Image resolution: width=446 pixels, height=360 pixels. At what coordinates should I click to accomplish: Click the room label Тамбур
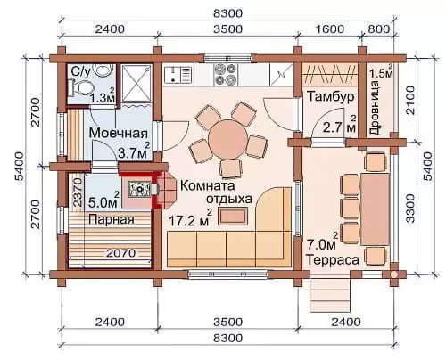[x=330, y=97]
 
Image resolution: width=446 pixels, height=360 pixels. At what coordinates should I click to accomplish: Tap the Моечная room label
[x=119, y=133]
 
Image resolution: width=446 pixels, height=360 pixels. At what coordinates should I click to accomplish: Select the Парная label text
[x=111, y=219]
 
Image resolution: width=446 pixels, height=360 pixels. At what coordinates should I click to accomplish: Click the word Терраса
[x=333, y=260]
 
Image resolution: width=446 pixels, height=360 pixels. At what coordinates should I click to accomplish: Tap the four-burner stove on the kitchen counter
[x=225, y=75]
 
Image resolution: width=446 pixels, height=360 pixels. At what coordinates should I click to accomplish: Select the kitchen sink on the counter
[x=178, y=74]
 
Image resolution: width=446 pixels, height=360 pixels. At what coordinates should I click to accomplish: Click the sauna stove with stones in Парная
[x=138, y=189]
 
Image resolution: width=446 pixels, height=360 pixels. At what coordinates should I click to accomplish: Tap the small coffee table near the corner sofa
[x=233, y=217]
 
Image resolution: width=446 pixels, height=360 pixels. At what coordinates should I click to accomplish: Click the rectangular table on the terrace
[x=376, y=209]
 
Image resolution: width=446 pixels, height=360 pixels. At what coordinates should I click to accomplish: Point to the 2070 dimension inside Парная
[x=121, y=253]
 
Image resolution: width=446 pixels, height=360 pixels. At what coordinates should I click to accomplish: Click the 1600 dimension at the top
[x=329, y=29]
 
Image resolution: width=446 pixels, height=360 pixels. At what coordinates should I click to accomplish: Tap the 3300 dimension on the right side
[x=410, y=209]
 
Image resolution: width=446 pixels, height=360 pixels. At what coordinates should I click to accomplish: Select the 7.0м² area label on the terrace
[x=323, y=242]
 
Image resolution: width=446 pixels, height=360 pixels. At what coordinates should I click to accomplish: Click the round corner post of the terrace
[x=393, y=274]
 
